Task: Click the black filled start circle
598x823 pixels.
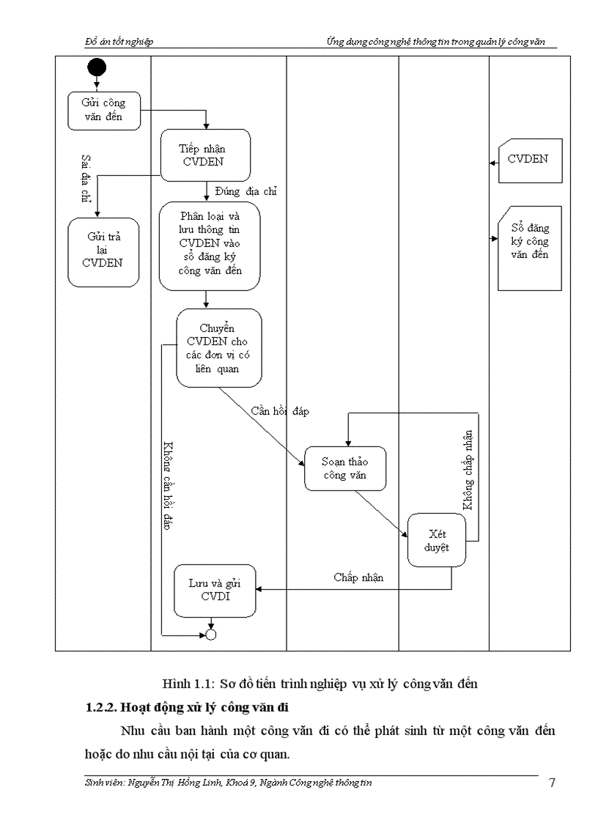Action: [x=97, y=68]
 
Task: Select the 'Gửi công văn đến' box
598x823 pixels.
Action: [x=103, y=111]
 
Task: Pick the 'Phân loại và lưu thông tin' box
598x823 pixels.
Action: [x=209, y=244]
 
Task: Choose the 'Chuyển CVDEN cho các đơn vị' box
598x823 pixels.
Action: [x=218, y=347]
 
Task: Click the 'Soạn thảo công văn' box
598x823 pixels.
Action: [x=345, y=468]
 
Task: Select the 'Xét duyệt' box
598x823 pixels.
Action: [x=438, y=540]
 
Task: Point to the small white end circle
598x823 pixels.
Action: [x=211, y=634]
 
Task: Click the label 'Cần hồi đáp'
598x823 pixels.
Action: [x=279, y=411]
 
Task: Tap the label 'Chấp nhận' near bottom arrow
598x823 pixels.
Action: [x=358, y=577]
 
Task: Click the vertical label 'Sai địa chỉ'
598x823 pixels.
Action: [x=86, y=179]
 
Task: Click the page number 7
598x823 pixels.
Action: [x=551, y=783]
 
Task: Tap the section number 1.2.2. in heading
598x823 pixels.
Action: [x=100, y=708]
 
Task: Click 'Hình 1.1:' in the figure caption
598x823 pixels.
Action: [x=187, y=684]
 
